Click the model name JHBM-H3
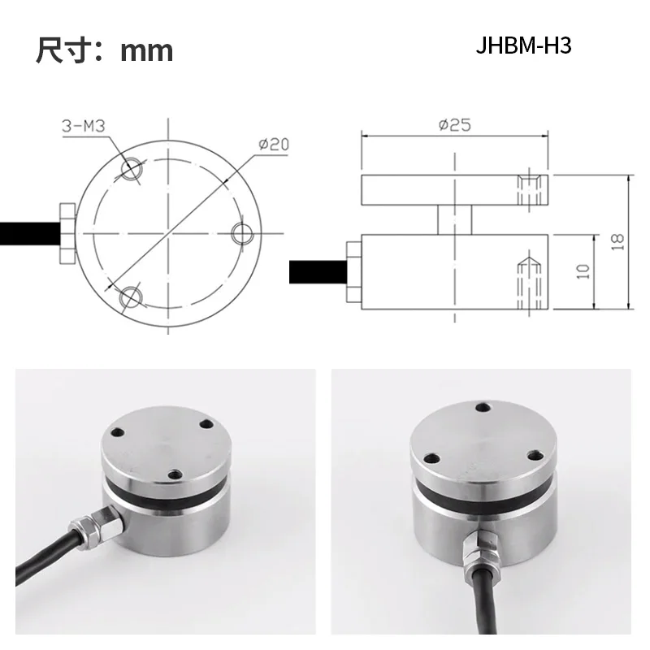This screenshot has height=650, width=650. click(524, 45)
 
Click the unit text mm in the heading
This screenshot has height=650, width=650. click(147, 50)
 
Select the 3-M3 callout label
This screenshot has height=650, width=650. click(84, 126)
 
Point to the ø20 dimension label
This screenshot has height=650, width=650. click(274, 144)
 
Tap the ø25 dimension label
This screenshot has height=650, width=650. click(454, 124)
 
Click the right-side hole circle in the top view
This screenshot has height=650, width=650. click(242, 233)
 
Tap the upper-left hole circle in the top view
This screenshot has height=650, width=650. click(130, 167)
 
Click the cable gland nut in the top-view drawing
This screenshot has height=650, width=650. click(66, 233)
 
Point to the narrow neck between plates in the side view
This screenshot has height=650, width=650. click(455, 219)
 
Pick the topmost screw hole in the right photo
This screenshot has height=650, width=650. click(483, 407)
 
